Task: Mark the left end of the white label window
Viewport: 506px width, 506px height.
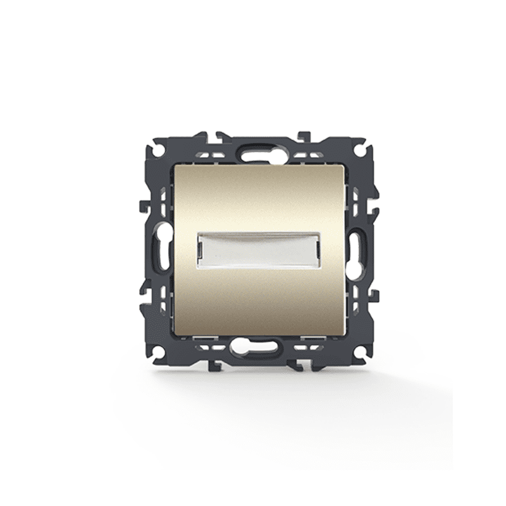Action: [x=201, y=250]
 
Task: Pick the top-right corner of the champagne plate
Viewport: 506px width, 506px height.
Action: [x=344, y=166]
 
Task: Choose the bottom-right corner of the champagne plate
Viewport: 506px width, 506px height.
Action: [x=344, y=333]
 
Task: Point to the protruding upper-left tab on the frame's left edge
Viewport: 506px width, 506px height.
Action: [x=142, y=206]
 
